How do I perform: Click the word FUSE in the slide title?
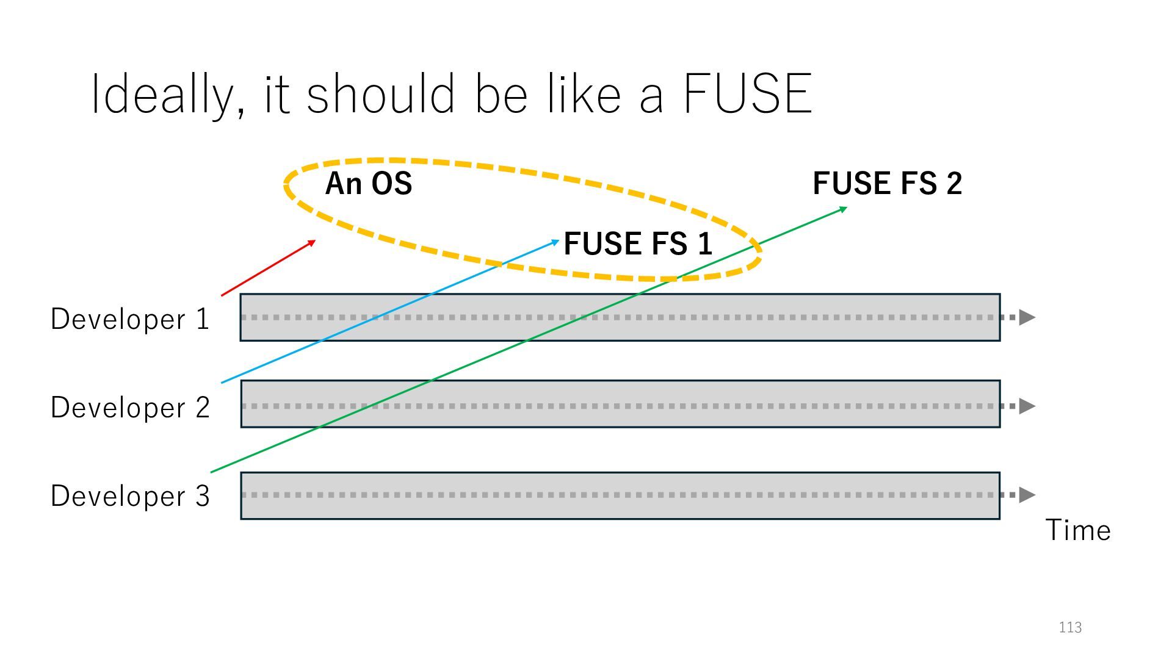pyautogui.click(x=747, y=94)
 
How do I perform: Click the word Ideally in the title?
pyautogui.click(x=162, y=95)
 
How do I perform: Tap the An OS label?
pyautogui.click(x=369, y=183)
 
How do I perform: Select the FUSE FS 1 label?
pyautogui.click(x=638, y=243)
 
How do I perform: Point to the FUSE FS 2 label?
pyautogui.click(x=887, y=183)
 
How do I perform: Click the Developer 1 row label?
pyautogui.click(x=130, y=319)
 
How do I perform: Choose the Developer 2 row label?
pyautogui.click(x=130, y=407)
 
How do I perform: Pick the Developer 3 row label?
pyautogui.click(x=130, y=495)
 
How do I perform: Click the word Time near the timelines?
pyautogui.click(x=1078, y=530)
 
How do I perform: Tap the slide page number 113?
pyautogui.click(x=1070, y=627)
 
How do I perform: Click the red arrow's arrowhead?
pyautogui.click(x=312, y=243)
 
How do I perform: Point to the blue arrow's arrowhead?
pyautogui.click(x=555, y=242)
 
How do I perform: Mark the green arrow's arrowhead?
pyautogui.click(x=843, y=209)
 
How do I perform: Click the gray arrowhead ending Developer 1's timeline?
pyautogui.click(x=1027, y=317)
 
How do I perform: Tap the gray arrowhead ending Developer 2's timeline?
pyautogui.click(x=1027, y=406)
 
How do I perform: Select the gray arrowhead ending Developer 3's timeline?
pyautogui.click(x=1027, y=495)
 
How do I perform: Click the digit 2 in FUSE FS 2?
pyautogui.click(x=954, y=183)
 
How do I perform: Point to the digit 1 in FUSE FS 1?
pyautogui.click(x=705, y=243)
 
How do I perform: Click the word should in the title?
pyautogui.click(x=380, y=94)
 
